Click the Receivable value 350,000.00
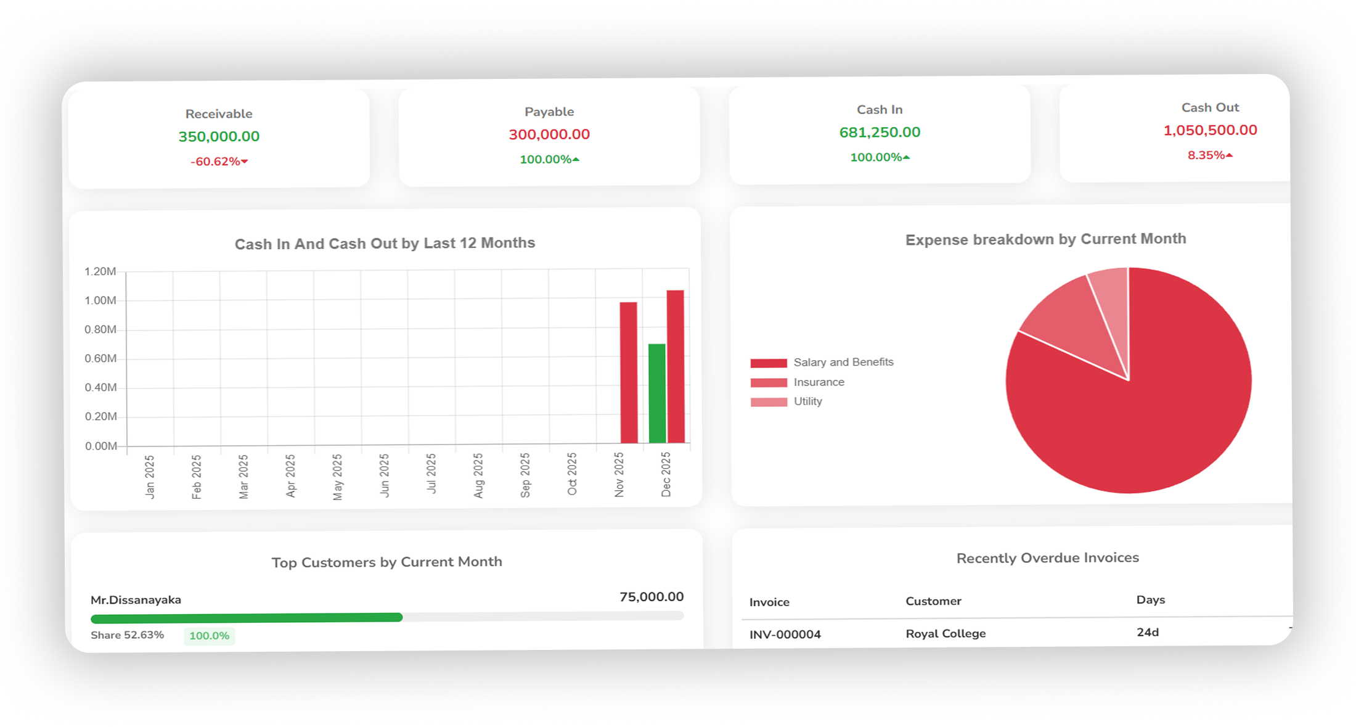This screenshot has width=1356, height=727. (x=219, y=136)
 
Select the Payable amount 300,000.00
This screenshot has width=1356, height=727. (x=549, y=134)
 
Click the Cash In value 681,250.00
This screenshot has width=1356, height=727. (x=880, y=132)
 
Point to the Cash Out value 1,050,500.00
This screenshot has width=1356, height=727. (x=1210, y=130)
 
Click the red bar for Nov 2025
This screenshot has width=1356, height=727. (x=628, y=372)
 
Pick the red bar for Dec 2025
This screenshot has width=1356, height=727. (x=676, y=366)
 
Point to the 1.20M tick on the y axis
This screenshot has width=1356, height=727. (x=100, y=271)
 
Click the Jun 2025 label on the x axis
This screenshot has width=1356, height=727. (x=385, y=475)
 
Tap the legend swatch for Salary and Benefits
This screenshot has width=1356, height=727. (x=769, y=363)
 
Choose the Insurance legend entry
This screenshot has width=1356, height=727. (x=819, y=382)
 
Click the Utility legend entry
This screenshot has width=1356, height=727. (x=807, y=401)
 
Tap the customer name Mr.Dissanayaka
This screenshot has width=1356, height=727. (x=136, y=600)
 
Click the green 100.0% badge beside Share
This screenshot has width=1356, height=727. (x=209, y=636)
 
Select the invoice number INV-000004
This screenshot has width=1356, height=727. (x=785, y=635)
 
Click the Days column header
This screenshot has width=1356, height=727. (x=1150, y=600)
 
